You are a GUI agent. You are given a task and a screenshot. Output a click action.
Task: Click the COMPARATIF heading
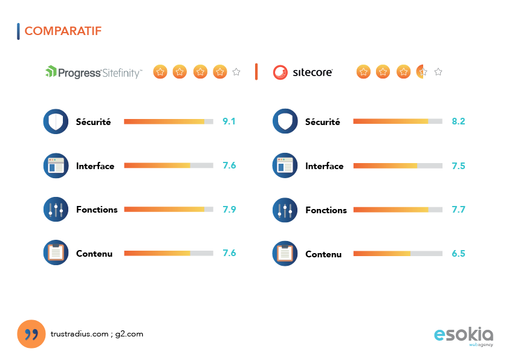[63, 31]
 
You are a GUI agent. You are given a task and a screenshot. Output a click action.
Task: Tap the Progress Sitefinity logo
[94, 72]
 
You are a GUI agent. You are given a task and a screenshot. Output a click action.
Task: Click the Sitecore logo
[302, 72]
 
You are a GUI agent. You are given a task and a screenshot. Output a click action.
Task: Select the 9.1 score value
[229, 121]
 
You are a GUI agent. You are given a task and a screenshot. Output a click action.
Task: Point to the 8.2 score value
[458, 121]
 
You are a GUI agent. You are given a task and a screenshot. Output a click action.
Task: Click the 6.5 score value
[458, 254]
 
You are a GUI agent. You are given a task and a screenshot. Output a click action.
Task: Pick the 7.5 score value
[458, 166]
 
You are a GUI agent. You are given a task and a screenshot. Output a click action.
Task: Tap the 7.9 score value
[229, 210]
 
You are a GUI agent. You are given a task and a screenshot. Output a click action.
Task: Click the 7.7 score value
[458, 210]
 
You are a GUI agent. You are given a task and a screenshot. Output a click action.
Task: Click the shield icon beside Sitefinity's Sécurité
[56, 121]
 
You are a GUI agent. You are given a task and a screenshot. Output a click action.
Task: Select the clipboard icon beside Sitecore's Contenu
[285, 254]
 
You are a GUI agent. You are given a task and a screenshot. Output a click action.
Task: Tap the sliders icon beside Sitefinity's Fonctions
[56, 210]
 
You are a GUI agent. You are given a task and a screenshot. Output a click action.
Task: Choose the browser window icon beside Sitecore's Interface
[285, 166]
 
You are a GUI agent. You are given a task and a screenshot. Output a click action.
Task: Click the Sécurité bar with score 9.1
[169, 121]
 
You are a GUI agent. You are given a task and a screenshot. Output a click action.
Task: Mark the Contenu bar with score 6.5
[398, 254]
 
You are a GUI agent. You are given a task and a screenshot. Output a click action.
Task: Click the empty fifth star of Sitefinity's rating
[236, 72]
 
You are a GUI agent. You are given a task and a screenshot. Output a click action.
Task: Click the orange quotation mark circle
[31, 334]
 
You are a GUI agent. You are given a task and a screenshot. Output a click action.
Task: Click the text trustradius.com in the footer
[79, 333]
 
